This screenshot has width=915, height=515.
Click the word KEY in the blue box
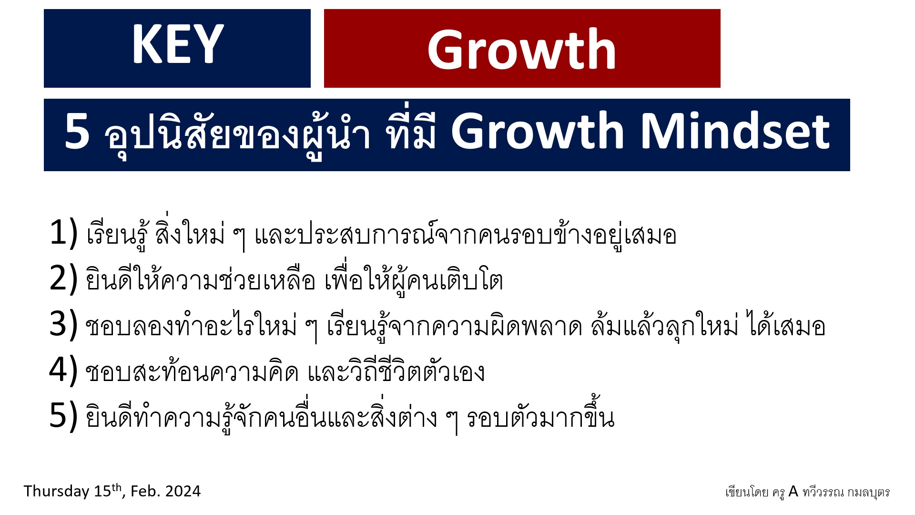[x=178, y=44]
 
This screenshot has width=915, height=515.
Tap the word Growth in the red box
[x=522, y=49]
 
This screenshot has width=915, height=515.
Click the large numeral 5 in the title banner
[x=77, y=132]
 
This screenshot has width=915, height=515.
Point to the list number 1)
[x=63, y=233]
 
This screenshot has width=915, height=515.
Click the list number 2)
[x=63, y=278]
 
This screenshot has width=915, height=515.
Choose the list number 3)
[x=63, y=324]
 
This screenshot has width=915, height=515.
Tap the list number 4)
[x=63, y=370]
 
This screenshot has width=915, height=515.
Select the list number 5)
[x=63, y=415]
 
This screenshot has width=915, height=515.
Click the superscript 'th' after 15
[x=117, y=488]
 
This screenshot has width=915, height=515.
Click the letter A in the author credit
[x=793, y=491]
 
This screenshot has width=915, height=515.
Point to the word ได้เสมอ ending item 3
[x=787, y=326]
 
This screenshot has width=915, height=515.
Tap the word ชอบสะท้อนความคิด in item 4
[x=192, y=371]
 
